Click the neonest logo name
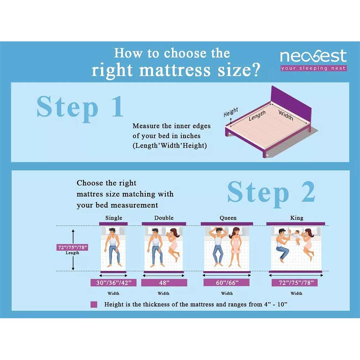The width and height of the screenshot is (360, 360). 313,57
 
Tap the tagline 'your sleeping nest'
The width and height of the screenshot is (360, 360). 314,68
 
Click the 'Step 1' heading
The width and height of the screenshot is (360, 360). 80,107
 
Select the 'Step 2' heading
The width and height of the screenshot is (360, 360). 271,192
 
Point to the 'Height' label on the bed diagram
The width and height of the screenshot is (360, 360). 231,113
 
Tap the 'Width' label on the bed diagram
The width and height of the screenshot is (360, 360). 286,115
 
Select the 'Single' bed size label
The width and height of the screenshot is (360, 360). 114,218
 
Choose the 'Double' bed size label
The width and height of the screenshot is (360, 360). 164,218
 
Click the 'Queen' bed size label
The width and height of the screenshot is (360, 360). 228,218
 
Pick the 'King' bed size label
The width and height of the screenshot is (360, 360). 297,218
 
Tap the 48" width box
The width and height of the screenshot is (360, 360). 164,283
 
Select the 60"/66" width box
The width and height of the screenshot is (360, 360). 226,283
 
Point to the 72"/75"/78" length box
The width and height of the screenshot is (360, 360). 73,247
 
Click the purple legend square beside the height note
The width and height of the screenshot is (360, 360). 94,305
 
